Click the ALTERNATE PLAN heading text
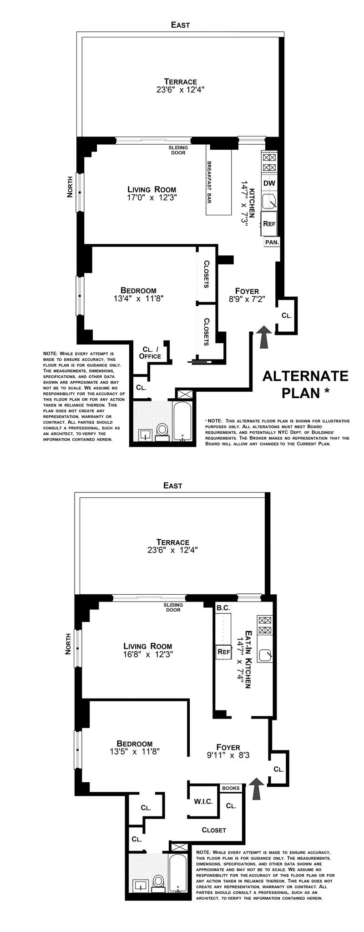tap(305, 384)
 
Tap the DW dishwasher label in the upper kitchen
tap(269, 183)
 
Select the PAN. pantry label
tap(272, 243)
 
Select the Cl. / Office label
tap(150, 353)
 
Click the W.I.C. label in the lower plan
tap(203, 801)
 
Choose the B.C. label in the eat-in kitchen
tap(223, 608)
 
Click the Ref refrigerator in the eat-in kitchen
tap(223, 652)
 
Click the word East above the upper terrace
tap(180, 25)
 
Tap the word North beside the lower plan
tap(69, 644)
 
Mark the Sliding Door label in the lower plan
tap(173, 608)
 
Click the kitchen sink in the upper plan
tap(269, 201)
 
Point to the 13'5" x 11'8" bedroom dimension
tap(134, 752)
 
